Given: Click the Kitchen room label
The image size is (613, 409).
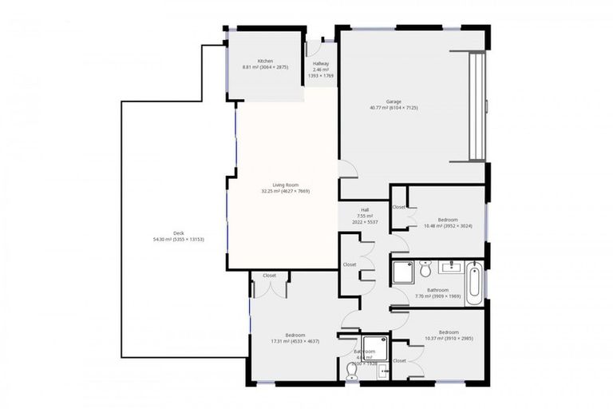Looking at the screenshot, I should tap(265, 62).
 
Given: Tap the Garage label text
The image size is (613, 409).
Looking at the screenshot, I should tap(394, 101).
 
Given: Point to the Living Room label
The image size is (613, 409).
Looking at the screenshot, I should tap(285, 185).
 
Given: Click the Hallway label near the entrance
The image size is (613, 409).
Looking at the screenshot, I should tap(321, 64).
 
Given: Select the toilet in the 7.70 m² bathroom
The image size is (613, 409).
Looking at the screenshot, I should tap(425, 270).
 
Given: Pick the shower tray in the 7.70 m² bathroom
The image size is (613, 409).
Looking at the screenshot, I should tap(402, 273).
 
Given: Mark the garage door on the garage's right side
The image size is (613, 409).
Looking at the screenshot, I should tap(477, 106).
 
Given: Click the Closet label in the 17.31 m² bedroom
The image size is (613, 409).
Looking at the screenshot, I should tap(269, 276).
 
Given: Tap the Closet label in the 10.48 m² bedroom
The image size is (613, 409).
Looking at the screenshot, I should tap(399, 208).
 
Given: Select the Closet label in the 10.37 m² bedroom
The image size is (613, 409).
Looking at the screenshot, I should tap(399, 360).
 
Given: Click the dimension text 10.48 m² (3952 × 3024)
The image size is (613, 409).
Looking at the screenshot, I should tap(447, 226).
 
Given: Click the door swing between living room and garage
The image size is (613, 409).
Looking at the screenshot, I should tap(348, 169).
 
